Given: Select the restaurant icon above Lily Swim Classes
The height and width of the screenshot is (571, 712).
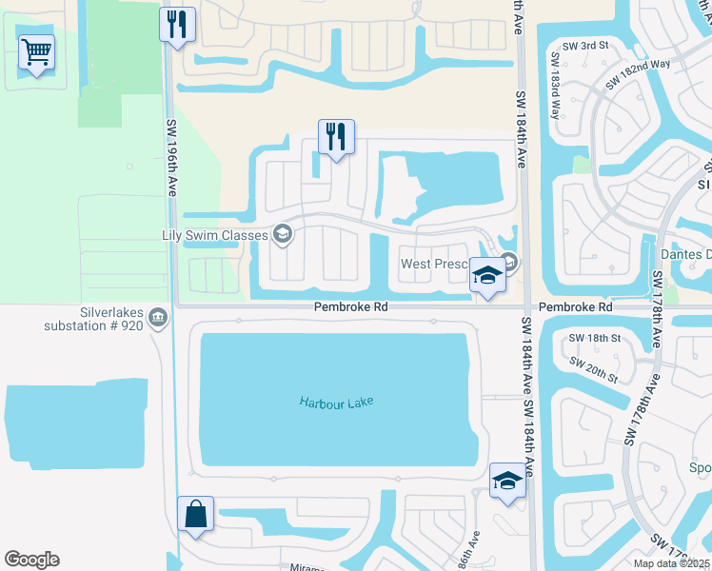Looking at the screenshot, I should point(336,137).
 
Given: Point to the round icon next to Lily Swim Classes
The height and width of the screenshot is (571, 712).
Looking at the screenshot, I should point(282,233).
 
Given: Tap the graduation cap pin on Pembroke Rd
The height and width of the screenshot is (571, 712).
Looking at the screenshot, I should point(487,277).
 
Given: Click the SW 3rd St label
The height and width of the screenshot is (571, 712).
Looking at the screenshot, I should point(584,45).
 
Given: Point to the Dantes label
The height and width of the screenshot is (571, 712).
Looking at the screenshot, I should point(686,254).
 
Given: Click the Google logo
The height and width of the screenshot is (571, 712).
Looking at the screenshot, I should point(31,560).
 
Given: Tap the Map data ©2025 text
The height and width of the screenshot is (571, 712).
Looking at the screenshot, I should point(671,563).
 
